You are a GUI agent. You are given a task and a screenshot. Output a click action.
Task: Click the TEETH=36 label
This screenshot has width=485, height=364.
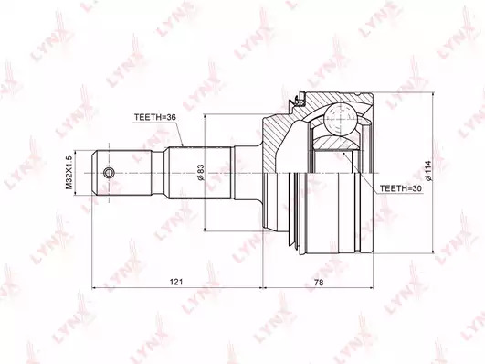(155, 117)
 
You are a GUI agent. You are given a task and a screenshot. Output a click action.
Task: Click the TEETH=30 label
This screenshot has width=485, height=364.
(401, 188)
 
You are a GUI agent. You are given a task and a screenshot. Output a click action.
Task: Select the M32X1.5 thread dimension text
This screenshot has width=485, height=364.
(69, 173)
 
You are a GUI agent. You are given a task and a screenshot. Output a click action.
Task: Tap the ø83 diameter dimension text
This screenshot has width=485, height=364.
(200, 173)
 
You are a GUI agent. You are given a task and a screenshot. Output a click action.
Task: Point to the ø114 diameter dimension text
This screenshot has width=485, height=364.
(428, 171)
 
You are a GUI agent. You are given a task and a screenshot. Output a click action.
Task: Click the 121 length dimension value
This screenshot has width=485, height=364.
(176, 282)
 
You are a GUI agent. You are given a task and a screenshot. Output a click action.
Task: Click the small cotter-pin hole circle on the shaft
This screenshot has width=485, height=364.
(109, 173)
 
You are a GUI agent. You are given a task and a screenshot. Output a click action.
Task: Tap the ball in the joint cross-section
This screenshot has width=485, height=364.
(340, 120)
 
